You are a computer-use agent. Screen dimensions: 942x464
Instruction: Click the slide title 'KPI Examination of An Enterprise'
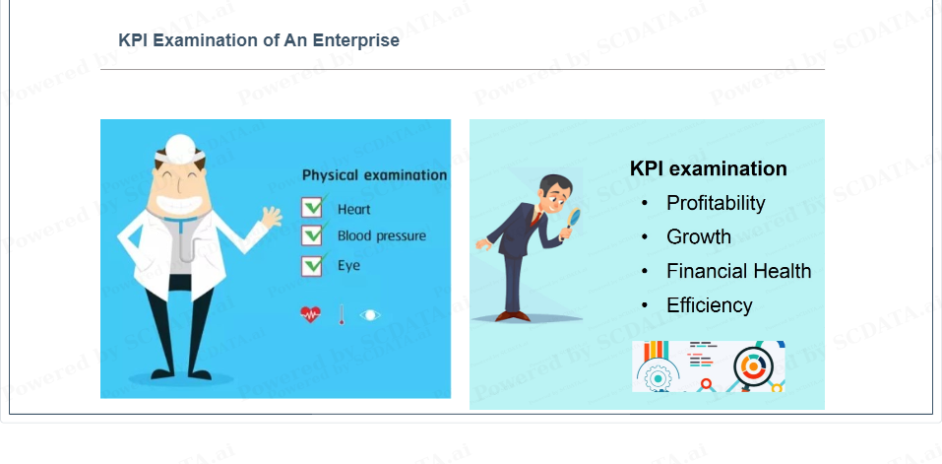pyautogui.click(x=259, y=40)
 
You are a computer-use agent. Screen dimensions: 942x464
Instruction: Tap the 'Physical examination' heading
pyautogui.click(x=374, y=175)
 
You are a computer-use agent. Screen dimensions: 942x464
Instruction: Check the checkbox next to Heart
pyautogui.click(x=312, y=207)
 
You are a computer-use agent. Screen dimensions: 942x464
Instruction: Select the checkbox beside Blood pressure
pyautogui.click(x=312, y=235)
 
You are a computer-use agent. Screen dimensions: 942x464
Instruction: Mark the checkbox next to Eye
pyautogui.click(x=312, y=265)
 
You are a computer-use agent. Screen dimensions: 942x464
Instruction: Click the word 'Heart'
pyautogui.click(x=353, y=209)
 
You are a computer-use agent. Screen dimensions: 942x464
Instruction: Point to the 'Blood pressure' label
pyautogui.click(x=382, y=235)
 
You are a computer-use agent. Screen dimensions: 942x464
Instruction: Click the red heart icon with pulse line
pyautogui.click(x=311, y=314)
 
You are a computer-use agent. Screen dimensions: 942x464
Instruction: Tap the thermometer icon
pyautogui.click(x=342, y=314)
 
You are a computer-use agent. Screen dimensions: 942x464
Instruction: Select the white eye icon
pyautogui.click(x=370, y=315)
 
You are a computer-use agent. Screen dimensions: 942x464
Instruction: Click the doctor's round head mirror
pyautogui.click(x=179, y=147)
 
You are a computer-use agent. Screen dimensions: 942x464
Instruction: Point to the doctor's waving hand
pyautogui.click(x=272, y=218)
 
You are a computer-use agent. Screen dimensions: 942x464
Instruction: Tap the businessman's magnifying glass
pyautogui.click(x=574, y=217)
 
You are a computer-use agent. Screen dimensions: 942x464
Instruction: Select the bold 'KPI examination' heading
pyautogui.click(x=709, y=168)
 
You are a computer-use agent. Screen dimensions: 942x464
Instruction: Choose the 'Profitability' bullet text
pyautogui.click(x=716, y=203)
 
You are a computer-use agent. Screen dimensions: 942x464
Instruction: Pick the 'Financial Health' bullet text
pyautogui.click(x=739, y=271)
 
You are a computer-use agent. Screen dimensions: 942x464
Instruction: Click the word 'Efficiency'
pyautogui.click(x=710, y=305)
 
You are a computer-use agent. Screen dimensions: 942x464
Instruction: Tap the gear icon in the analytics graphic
pyautogui.click(x=658, y=378)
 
